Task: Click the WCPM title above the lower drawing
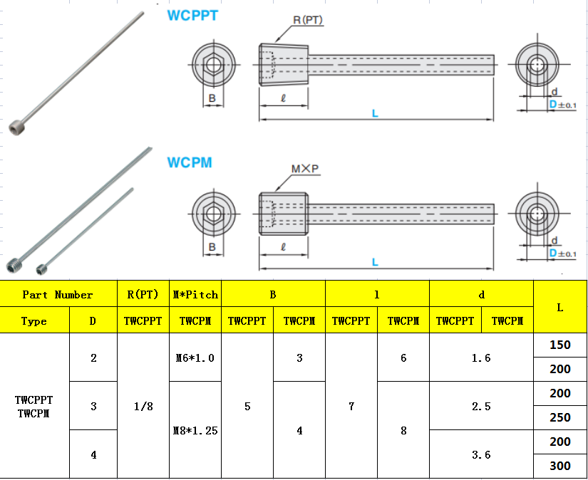190,162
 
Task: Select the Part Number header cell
58,294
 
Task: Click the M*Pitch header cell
195,294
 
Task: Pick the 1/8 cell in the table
143,406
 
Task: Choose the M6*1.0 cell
195,358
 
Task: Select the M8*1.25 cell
195,430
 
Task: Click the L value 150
560,345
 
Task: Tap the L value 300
560,466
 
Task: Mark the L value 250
560,418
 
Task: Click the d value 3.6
481,454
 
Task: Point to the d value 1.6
481,358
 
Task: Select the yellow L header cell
560,307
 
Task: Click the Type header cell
34,321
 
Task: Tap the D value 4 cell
93,454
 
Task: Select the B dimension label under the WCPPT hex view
212,98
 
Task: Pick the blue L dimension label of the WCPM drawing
375,262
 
